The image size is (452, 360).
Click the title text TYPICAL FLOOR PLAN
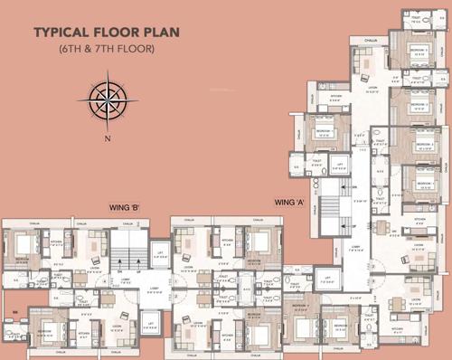pos(106,33)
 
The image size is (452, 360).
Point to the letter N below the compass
pos(107,137)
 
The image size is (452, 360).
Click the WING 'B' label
pos(123,207)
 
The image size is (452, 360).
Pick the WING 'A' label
pos(288,199)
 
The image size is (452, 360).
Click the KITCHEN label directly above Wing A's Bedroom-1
pos(335,95)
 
